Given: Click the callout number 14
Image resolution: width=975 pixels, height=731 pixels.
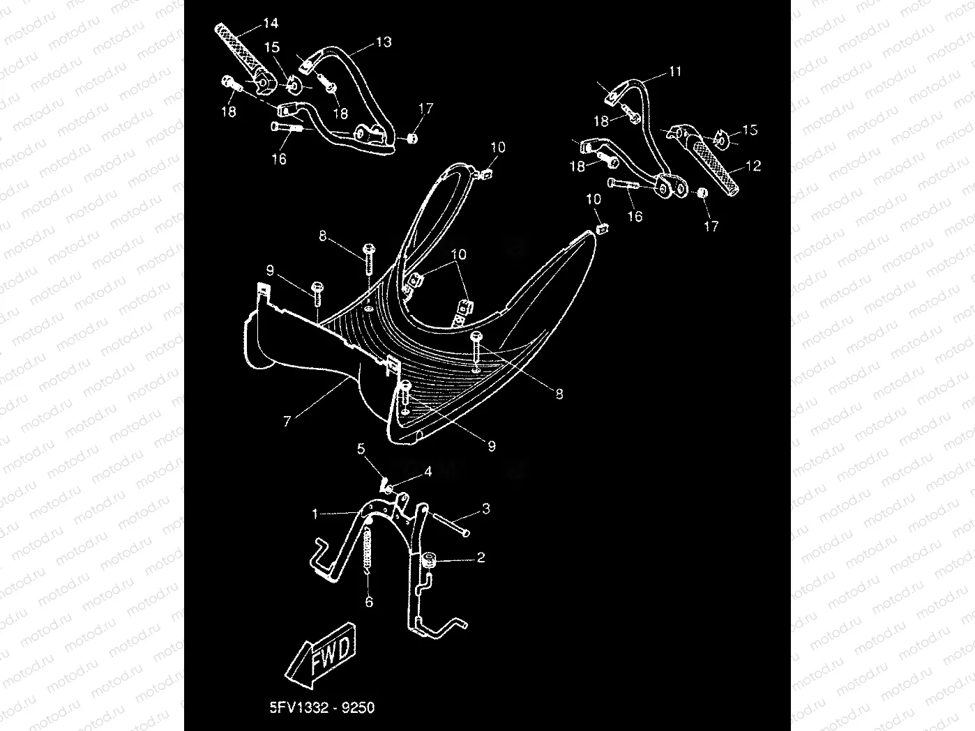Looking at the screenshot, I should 270,24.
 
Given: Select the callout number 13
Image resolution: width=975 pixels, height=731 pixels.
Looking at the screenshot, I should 384,43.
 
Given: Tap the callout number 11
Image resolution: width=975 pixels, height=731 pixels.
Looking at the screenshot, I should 674,72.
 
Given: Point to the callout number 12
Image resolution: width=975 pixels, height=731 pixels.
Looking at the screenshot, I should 753,167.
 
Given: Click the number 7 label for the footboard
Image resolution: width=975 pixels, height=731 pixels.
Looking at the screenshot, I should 287,422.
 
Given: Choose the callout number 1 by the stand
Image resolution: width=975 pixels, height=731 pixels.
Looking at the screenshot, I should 315,514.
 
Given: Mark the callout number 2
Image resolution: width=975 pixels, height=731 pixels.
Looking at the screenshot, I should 480,558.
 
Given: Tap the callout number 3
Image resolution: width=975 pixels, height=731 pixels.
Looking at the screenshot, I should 485,509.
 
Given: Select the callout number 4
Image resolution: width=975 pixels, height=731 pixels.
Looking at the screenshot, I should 428,472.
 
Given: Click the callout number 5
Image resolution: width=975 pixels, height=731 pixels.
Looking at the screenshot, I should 361,449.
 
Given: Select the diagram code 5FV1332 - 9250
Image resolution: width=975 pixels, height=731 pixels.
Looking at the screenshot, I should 322,708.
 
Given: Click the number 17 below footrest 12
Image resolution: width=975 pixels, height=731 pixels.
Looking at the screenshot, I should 711,226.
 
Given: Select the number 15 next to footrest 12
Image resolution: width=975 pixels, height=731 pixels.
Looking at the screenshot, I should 750,130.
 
